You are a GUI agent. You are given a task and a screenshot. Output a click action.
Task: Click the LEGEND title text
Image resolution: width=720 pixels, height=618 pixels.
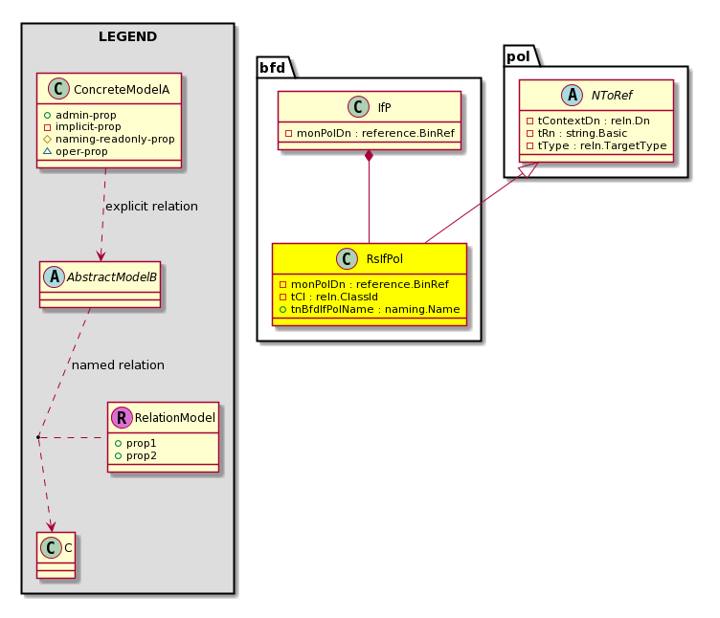(127, 36)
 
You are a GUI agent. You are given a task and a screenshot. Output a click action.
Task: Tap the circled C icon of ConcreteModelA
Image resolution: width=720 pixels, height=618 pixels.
(58, 89)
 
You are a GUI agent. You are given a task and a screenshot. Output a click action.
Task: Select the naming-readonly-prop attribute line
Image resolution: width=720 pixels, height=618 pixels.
(109, 139)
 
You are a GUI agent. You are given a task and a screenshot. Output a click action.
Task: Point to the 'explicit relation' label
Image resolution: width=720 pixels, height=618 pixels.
(151, 207)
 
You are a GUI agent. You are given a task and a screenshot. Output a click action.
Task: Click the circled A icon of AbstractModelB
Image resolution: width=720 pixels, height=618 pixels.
(55, 276)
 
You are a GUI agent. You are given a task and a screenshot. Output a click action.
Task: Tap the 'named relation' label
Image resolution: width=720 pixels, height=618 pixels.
(118, 365)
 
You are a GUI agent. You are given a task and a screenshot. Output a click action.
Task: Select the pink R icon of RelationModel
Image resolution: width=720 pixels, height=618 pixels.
(122, 417)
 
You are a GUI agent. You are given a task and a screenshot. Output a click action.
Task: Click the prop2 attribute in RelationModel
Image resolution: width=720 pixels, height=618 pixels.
(136, 455)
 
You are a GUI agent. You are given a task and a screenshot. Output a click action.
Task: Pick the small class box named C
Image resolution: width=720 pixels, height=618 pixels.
(56, 555)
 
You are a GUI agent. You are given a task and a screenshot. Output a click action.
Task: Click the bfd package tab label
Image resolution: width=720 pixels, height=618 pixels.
(272, 68)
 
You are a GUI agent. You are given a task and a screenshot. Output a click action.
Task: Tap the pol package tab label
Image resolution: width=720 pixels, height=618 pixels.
(518, 56)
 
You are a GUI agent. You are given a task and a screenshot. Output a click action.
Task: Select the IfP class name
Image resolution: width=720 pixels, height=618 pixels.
(384, 107)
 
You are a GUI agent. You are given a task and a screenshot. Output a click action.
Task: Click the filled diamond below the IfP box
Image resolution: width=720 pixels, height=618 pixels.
(369, 156)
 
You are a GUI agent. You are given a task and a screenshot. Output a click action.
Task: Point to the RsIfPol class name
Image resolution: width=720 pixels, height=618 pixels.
(384, 258)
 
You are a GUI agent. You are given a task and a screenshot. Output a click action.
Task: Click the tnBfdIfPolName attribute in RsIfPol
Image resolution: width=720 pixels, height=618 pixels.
(370, 309)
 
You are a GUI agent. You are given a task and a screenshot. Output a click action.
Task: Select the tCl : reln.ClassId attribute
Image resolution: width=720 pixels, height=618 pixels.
(328, 297)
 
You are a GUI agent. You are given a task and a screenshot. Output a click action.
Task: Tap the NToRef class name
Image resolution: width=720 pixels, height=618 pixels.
(612, 95)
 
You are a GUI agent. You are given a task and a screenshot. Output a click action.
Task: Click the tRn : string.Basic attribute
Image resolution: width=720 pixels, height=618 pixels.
(576, 133)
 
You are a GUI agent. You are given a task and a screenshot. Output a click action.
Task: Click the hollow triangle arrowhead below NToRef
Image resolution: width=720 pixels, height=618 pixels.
(529, 169)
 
